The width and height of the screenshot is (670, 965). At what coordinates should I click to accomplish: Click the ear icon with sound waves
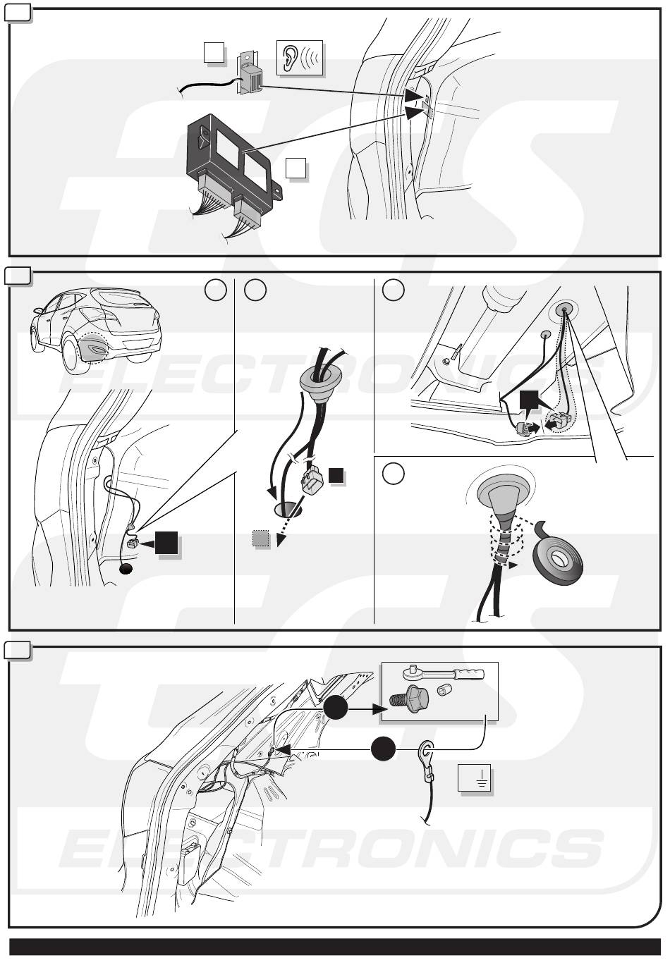pos(300,59)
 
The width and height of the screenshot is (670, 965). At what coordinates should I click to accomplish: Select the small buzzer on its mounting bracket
pos(251,75)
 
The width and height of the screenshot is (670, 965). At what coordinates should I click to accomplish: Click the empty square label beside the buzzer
pos(214,52)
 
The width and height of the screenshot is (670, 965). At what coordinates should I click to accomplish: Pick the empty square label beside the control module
pos(296,168)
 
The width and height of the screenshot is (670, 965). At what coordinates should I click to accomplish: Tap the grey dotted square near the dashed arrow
pos(262,540)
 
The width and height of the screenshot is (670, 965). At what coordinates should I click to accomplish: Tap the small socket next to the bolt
pos(444,690)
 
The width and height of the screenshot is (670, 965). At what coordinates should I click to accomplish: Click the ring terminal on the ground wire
pos(427,749)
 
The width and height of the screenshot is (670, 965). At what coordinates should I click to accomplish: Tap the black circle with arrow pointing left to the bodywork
pos(384,749)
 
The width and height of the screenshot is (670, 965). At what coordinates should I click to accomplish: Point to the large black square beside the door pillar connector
pos(167,543)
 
